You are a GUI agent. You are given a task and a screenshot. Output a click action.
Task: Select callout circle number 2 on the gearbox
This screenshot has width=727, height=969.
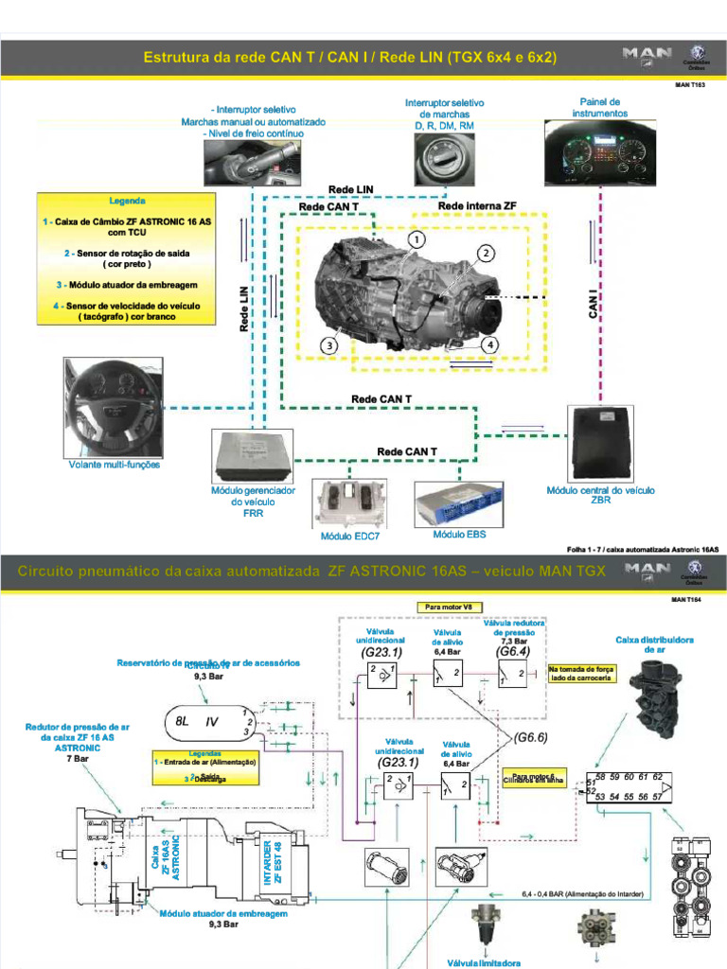click(x=485, y=254)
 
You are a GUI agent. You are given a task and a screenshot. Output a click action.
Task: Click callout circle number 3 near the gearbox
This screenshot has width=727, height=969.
click(x=328, y=346)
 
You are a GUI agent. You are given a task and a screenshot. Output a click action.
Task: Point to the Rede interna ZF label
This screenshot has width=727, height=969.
click(x=477, y=206)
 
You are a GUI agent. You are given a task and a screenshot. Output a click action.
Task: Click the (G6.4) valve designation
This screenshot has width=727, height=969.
click(x=513, y=652)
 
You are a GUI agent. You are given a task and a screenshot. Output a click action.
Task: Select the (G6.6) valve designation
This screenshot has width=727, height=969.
click(x=531, y=737)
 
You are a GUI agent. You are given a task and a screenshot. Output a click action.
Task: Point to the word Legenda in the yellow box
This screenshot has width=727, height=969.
click(x=127, y=202)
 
